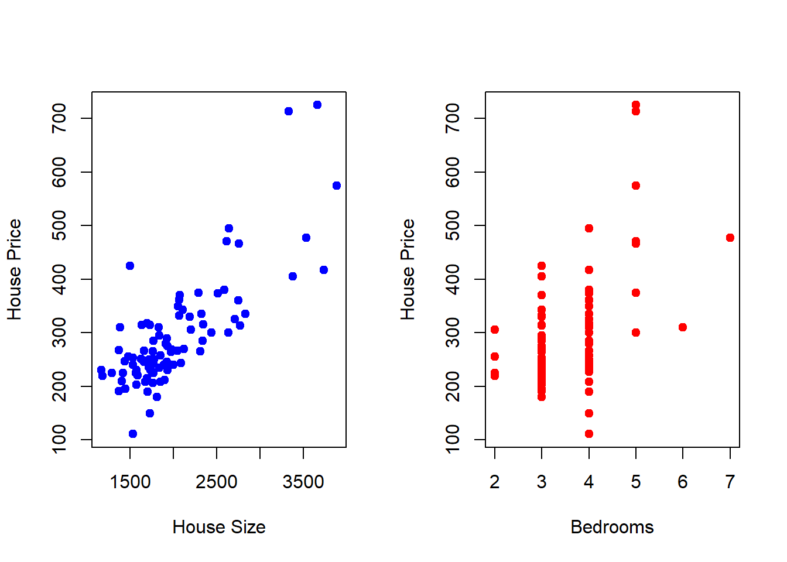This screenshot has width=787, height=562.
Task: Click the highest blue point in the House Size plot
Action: [x=317, y=105]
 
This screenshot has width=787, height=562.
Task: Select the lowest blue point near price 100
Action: [x=133, y=434]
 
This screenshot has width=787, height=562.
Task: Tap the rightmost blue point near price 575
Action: [x=337, y=186]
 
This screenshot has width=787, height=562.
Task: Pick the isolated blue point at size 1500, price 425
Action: [x=129, y=266]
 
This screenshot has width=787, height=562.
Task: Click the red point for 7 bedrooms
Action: [x=730, y=238]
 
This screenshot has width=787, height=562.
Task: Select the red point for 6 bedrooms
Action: [x=683, y=327]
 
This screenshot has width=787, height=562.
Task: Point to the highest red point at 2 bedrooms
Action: [x=495, y=330]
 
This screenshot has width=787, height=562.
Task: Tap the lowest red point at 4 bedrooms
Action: [x=589, y=434]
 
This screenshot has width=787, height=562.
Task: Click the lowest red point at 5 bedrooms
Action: [x=636, y=333]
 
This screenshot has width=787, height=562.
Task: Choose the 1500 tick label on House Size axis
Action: [x=130, y=482]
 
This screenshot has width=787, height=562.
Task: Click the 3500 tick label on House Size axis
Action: [x=303, y=482]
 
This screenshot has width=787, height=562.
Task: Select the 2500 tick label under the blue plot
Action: [x=217, y=482]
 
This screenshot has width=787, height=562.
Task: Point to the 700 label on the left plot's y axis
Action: [x=59, y=118]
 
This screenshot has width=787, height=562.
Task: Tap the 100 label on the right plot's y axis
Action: [x=453, y=440]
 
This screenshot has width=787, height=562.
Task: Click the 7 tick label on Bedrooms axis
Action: [x=730, y=482]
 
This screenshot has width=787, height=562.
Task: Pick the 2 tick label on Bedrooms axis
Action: [x=495, y=482]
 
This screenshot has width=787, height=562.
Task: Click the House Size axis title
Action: [x=219, y=527]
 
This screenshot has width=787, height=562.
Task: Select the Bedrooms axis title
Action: [x=612, y=527]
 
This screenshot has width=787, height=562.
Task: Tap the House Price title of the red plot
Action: [x=408, y=269]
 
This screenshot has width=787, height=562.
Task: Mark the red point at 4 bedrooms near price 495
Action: [x=589, y=228]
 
